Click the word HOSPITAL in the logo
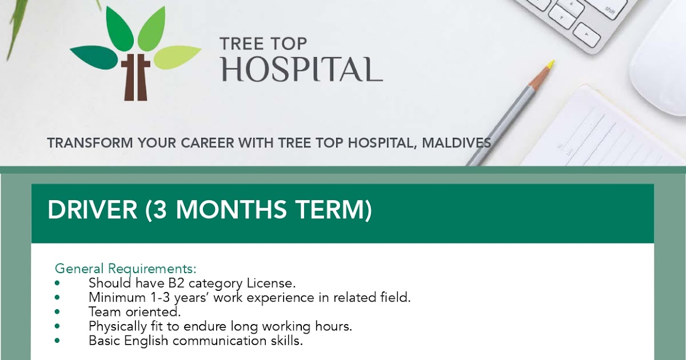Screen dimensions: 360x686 coord(302,69)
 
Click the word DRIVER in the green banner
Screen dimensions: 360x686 coord(92,210)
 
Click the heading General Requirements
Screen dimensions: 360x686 coord(125,269)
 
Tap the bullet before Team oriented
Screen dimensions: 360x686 coord(57,313)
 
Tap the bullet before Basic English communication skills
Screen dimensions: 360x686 coord(57,341)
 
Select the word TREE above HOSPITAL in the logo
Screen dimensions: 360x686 coord(240,43)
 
